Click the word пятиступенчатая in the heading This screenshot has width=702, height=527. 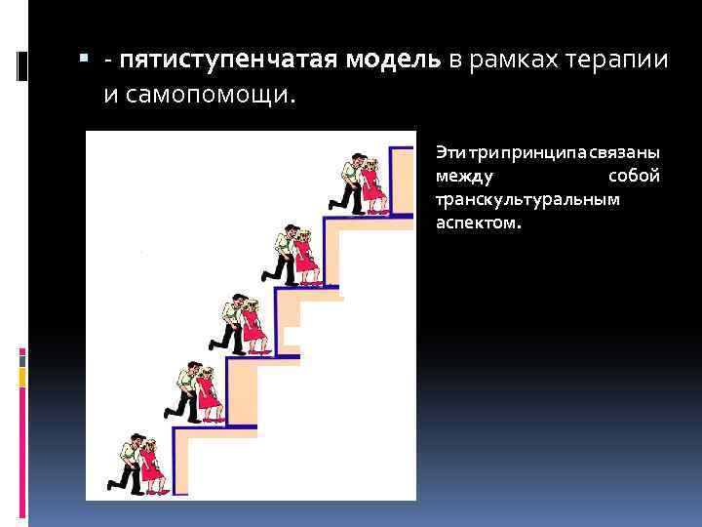click(x=226, y=61)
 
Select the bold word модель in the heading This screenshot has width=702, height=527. click(x=388, y=61)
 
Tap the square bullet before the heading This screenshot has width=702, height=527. click(x=86, y=61)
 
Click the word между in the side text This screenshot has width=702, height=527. click(x=465, y=177)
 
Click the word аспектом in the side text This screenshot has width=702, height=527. click(x=478, y=223)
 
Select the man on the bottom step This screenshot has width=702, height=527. click(x=128, y=465)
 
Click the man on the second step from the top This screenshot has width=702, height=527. click(x=286, y=255)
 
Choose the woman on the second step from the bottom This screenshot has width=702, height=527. click(x=207, y=394)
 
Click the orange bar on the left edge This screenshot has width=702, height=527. click(x=21, y=377)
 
